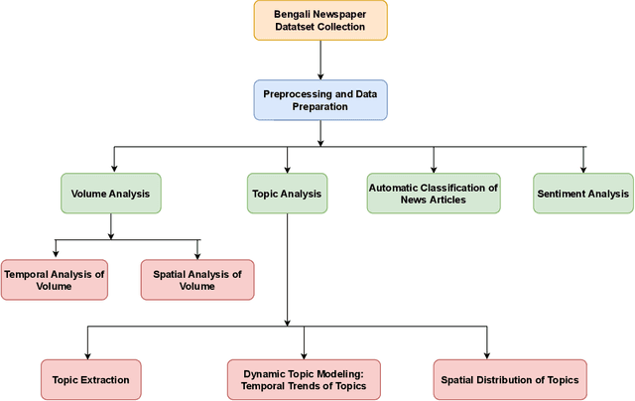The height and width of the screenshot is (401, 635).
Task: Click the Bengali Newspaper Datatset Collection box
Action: pyautogui.click(x=319, y=20)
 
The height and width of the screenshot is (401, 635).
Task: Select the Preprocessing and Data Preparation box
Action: pyautogui.click(x=319, y=100)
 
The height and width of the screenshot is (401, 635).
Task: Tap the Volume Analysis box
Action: pyautogui.click(x=110, y=194)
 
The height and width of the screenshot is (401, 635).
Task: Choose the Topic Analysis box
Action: pyautogui.click(x=288, y=194)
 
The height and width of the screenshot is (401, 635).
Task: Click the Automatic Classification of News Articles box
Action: pyautogui.click(x=434, y=194)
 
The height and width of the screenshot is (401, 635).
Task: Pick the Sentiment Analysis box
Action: pyautogui.click(x=583, y=194)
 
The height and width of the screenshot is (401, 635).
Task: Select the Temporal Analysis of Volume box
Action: pyautogui.click(x=54, y=280)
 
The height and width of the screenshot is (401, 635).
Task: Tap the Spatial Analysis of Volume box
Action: pyautogui.click(x=197, y=280)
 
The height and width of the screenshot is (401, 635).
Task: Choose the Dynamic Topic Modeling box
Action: pyautogui.click(x=304, y=380)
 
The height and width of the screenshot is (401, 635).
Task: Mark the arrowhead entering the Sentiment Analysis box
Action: pyautogui.click(x=583, y=169)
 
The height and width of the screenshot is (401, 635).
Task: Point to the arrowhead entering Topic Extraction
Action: pyautogui.click(x=87, y=354)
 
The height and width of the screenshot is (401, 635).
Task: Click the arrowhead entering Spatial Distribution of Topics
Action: pyautogui.click(x=487, y=354)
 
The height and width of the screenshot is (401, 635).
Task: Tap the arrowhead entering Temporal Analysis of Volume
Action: pyautogui.click(x=55, y=254)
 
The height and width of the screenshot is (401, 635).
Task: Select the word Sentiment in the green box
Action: pyautogui.click(x=562, y=194)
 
